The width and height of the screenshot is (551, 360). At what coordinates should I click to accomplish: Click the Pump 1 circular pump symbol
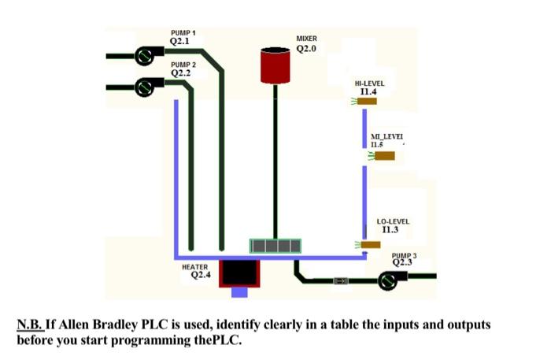pyautogui.click(x=145, y=56)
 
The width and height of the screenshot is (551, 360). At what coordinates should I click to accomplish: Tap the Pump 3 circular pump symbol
pyautogui.click(x=390, y=280)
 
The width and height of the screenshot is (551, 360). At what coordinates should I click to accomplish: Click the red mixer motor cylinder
pyautogui.click(x=275, y=65)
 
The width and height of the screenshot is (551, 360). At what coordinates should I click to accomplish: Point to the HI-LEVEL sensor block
pyautogui.click(x=368, y=102)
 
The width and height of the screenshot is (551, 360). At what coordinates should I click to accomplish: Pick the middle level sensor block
pyautogui.click(x=384, y=156)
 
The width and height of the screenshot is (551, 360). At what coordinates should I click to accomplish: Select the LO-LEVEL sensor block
pyautogui.click(x=372, y=244)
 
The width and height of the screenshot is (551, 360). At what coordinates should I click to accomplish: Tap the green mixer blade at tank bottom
pyautogui.click(x=275, y=247)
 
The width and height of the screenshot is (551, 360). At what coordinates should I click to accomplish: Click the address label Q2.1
pyautogui.click(x=180, y=41)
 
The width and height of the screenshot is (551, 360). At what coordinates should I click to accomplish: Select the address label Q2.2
pyautogui.click(x=180, y=73)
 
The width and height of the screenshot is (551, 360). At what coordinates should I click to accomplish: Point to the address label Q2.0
pyautogui.click(x=306, y=49)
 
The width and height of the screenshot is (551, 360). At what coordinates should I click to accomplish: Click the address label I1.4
pyautogui.click(x=368, y=91)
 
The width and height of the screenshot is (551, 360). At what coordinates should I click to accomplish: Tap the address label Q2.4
pyautogui.click(x=201, y=276)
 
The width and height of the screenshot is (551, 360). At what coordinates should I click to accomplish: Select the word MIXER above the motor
pyautogui.click(x=306, y=39)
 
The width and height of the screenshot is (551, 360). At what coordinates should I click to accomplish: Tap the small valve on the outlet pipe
pyautogui.click(x=340, y=280)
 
